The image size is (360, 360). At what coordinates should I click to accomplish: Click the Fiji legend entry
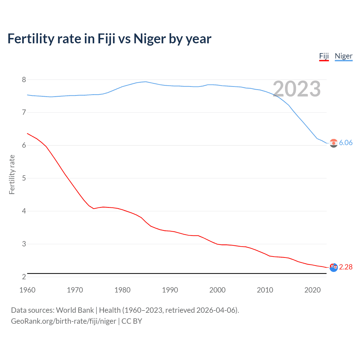(x=324, y=56)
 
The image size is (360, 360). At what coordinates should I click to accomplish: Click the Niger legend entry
(x=343, y=56)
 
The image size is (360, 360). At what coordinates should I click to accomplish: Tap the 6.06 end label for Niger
(x=346, y=143)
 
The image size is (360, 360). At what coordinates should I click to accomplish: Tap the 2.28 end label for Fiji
(x=346, y=267)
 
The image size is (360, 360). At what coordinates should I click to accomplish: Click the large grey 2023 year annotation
(x=297, y=89)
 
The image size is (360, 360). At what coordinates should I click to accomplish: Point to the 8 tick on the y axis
(x=24, y=80)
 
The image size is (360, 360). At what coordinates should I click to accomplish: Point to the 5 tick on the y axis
(x=24, y=178)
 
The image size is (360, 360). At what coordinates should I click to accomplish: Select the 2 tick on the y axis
(x=24, y=277)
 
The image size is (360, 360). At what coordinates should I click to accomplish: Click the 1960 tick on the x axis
(x=27, y=290)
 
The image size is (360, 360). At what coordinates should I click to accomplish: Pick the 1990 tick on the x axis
(x=170, y=290)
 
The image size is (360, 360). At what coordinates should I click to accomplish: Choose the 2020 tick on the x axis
(x=312, y=290)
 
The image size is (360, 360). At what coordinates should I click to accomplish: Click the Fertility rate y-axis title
(x=12, y=174)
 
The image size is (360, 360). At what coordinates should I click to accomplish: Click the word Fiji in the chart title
(x=106, y=39)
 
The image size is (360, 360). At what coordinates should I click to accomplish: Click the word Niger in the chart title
(x=150, y=39)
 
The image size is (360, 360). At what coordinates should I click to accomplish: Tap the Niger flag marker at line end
(x=334, y=143)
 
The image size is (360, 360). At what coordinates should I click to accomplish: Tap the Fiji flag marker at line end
(x=334, y=267)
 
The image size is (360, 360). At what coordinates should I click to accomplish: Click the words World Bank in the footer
(x=75, y=310)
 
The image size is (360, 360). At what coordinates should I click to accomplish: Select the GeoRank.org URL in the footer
(x=64, y=321)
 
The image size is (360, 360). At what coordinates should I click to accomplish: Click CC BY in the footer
(x=132, y=321)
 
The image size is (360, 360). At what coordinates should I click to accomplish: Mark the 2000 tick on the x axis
(x=217, y=290)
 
